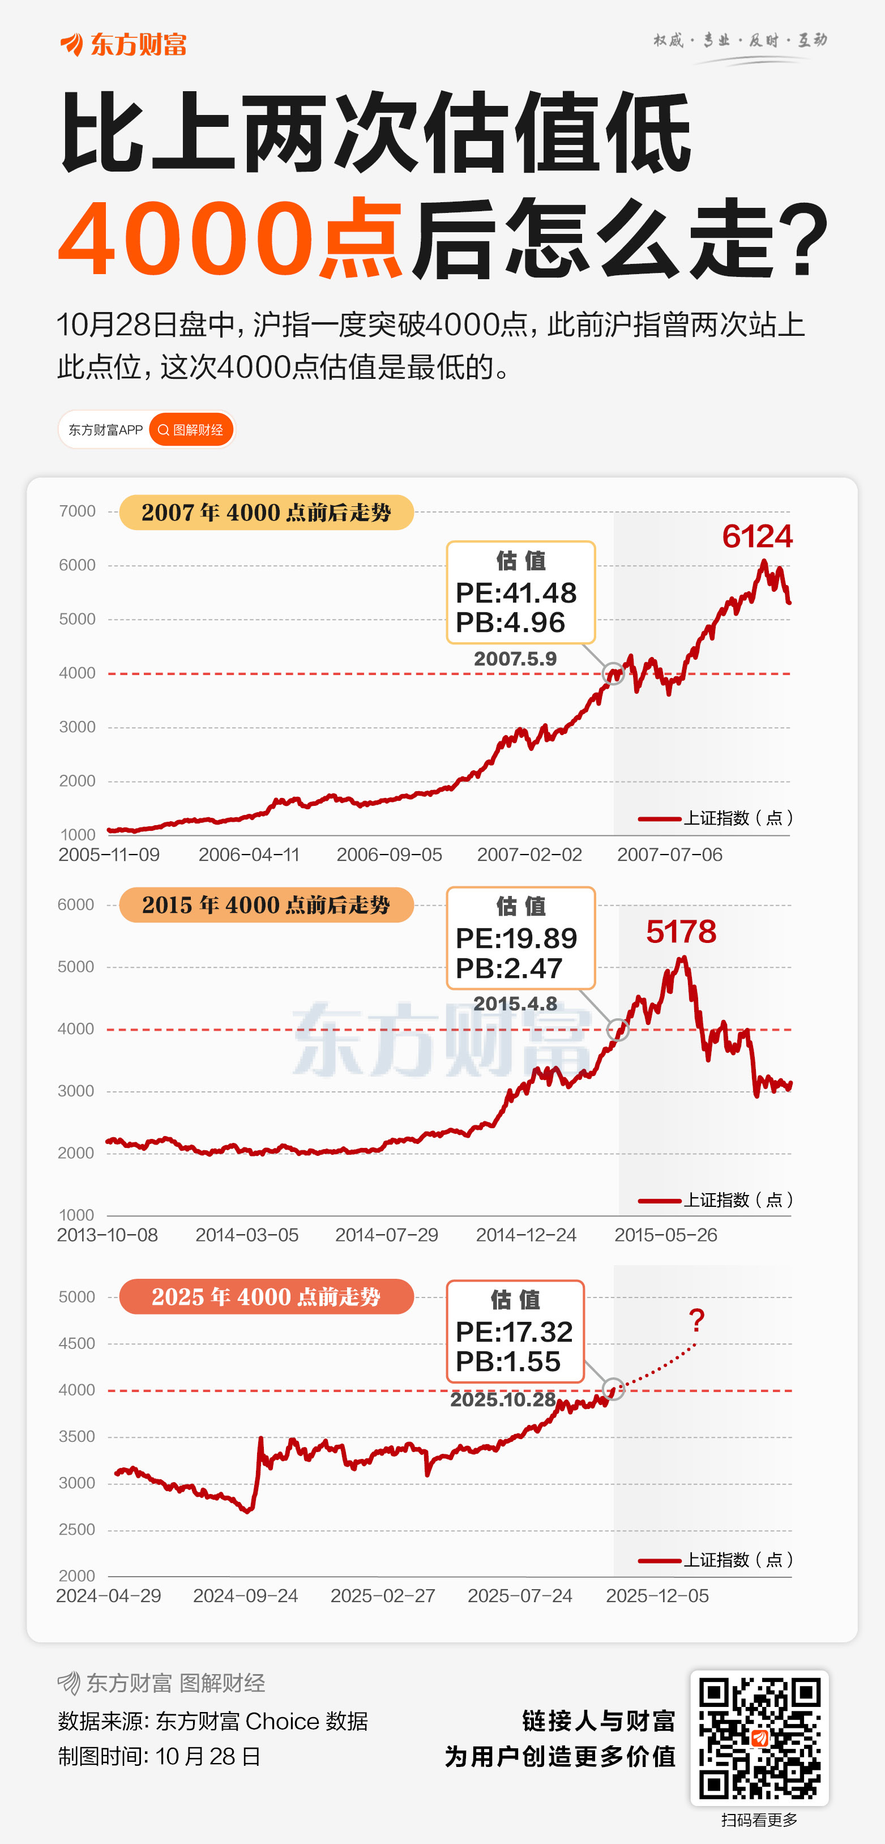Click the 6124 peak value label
[x=757, y=536]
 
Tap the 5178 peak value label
[x=681, y=931]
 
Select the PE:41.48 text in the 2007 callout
[x=516, y=593]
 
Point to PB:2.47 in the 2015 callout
[x=508, y=968]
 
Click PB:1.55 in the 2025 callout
[x=508, y=1361]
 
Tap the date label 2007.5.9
[x=515, y=659]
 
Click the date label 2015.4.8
[x=515, y=1004]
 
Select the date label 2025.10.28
[x=502, y=1399]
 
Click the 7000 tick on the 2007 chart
[x=77, y=511]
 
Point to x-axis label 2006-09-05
[x=389, y=855]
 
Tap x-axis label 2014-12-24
[x=526, y=1235]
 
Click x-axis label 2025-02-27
[x=383, y=1595]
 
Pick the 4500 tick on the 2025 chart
[x=76, y=1343]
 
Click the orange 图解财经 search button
[x=191, y=429]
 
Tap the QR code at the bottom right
[x=759, y=1738]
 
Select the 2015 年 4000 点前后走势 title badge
[x=266, y=905]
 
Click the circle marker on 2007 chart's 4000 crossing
[x=613, y=673]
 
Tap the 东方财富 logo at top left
[x=123, y=44]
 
